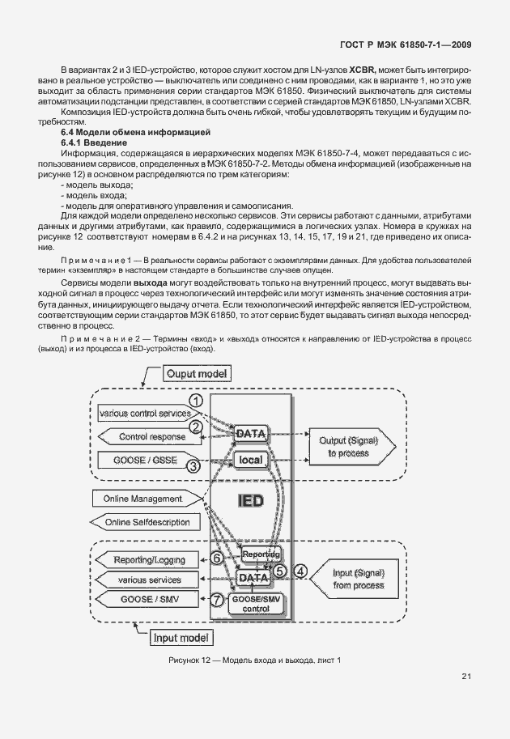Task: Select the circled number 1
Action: pyautogui.click(x=194, y=400)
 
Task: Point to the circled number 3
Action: pyautogui.click(x=194, y=465)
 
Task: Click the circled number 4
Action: pyautogui.click(x=300, y=570)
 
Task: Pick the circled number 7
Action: pyautogui.click(x=216, y=601)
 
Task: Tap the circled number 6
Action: pyautogui.click(x=216, y=558)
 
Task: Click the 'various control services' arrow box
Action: pyautogui.click(x=144, y=414)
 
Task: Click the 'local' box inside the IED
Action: pyautogui.click(x=249, y=460)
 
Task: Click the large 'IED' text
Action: pyautogui.click(x=249, y=501)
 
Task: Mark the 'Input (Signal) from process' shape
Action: pyautogui.click(x=357, y=578)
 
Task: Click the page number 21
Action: pyautogui.click(x=466, y=677)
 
